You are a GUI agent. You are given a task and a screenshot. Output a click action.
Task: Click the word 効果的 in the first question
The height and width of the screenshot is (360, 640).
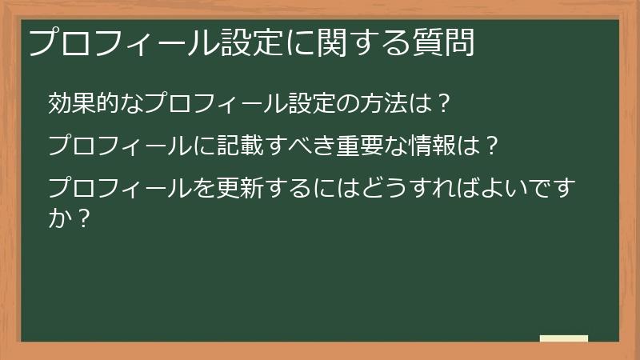82,103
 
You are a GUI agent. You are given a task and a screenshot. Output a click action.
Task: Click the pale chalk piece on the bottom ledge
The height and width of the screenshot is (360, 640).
564,338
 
